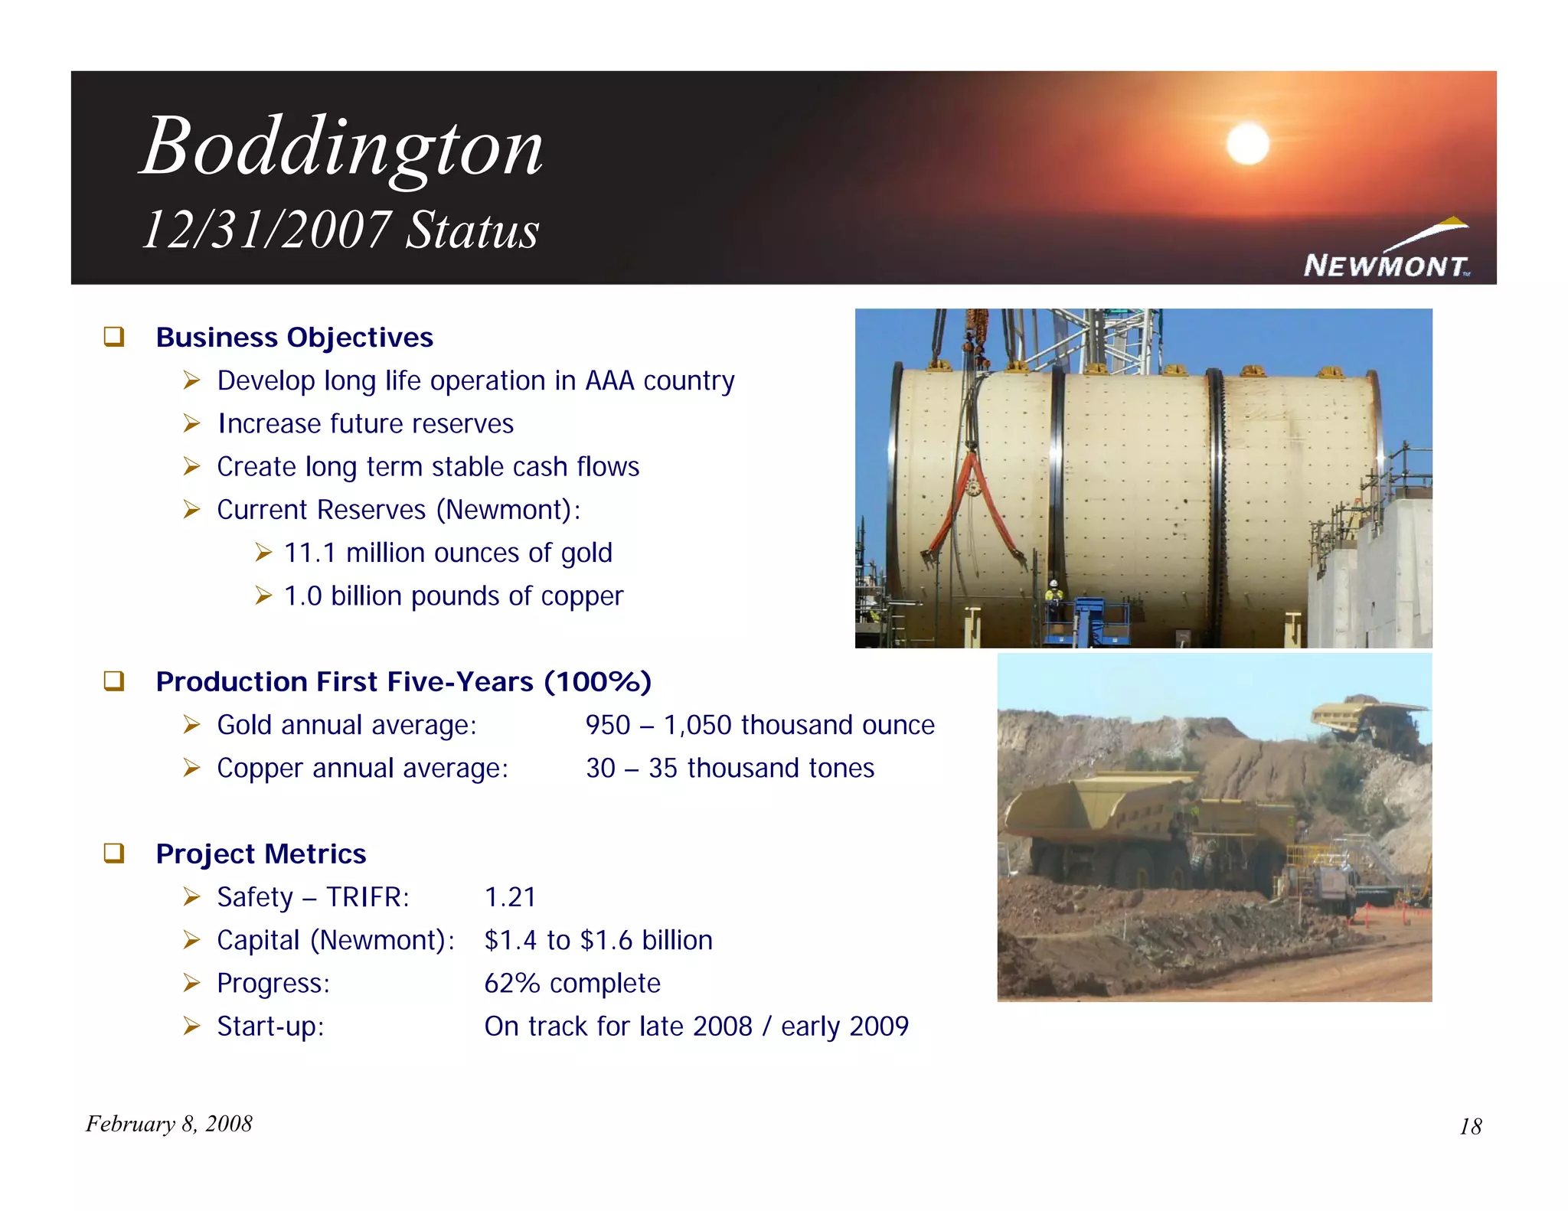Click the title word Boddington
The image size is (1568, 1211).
point(341,147)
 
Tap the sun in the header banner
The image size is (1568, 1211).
point(1247,143)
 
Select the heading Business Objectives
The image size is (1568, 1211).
point(294,338)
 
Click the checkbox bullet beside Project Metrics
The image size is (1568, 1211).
point(114,853)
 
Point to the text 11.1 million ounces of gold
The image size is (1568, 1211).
point(448,553)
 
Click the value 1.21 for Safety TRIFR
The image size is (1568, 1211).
point(510,897)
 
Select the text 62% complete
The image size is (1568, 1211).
point(572,983)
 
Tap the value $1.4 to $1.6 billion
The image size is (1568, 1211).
point(598,940)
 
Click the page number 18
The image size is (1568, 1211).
point(1470,1126)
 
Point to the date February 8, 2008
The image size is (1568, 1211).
point(168,1124)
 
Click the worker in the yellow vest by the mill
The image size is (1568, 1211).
point(1054,597)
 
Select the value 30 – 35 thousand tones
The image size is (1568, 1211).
point(730,768)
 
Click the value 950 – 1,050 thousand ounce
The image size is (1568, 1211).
point(759,725)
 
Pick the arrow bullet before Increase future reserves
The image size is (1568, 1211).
point(191,423)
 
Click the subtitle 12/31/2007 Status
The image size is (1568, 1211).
point(341,230)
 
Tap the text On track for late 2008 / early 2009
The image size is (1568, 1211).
point(696,1026)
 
